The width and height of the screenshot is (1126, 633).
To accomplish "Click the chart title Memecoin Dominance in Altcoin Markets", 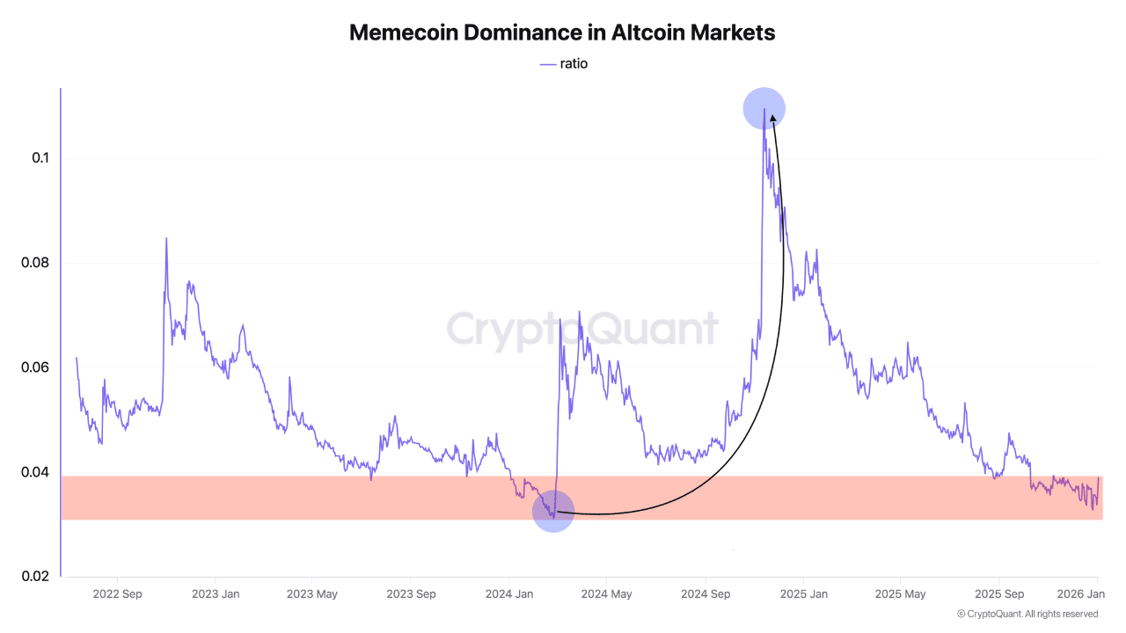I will pos(562,33).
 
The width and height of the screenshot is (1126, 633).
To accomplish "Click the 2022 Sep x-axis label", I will pos(117,593).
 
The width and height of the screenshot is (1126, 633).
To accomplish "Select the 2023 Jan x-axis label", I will pos(216,593).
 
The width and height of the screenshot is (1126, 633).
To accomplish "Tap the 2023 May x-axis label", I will pos(312,593).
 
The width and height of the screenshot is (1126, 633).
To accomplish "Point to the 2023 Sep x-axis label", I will pos(412,593).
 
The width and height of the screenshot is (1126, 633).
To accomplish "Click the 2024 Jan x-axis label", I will pos(510,593).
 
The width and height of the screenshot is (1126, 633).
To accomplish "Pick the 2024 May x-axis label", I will pos(607,593).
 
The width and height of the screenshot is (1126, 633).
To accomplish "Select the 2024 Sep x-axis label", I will pos(706,593).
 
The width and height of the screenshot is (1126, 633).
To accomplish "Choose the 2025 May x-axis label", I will pos(901,593).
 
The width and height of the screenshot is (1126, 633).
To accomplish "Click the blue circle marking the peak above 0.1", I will pos(764,108).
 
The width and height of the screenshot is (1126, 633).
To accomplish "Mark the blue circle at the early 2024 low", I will pos(553,511).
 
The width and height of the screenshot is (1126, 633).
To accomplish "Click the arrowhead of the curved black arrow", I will pos(771,118).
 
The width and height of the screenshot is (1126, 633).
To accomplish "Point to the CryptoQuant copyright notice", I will pos(1027,614).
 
